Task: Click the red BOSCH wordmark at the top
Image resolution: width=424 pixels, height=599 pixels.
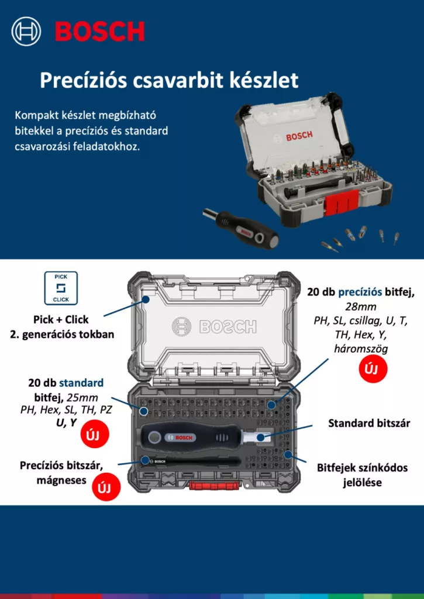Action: coord(99,31)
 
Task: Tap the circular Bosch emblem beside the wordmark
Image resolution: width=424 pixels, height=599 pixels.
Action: coord(26,31)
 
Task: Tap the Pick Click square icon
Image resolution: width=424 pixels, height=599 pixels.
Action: coord(61,288)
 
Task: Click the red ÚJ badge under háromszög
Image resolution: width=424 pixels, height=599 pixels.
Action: coord(373,369)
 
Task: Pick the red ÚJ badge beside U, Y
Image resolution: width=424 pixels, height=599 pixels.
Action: coord(95,434)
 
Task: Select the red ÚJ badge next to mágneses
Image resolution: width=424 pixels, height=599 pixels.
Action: coord(106,487)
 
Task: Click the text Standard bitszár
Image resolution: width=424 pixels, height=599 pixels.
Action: coord(369,424)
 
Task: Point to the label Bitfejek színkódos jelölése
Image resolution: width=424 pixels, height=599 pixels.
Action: coord(362,475)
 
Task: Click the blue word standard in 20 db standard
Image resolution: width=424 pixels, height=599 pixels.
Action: coord(81,383)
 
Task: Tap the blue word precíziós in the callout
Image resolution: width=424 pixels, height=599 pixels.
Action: coord(360,292)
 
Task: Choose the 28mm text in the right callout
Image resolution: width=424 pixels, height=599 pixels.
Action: coord(361,307)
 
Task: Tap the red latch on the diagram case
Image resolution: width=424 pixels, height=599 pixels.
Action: coord(214,485)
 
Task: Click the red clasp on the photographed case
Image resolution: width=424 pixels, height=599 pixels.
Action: coord(341,201)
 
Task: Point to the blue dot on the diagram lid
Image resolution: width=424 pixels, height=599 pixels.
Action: coord(146,300)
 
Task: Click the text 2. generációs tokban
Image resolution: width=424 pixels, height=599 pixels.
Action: coord(62,334)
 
